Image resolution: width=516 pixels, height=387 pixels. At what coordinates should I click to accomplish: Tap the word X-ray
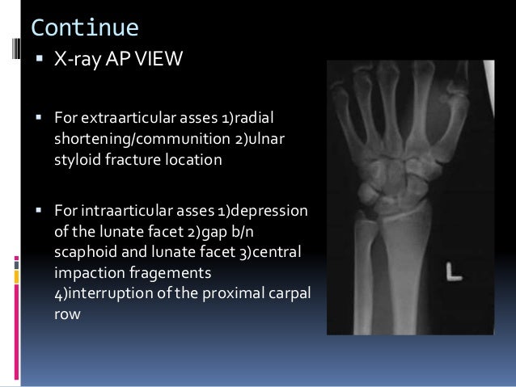[76, 61]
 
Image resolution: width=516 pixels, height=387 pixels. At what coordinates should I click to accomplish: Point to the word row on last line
[67, 308]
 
